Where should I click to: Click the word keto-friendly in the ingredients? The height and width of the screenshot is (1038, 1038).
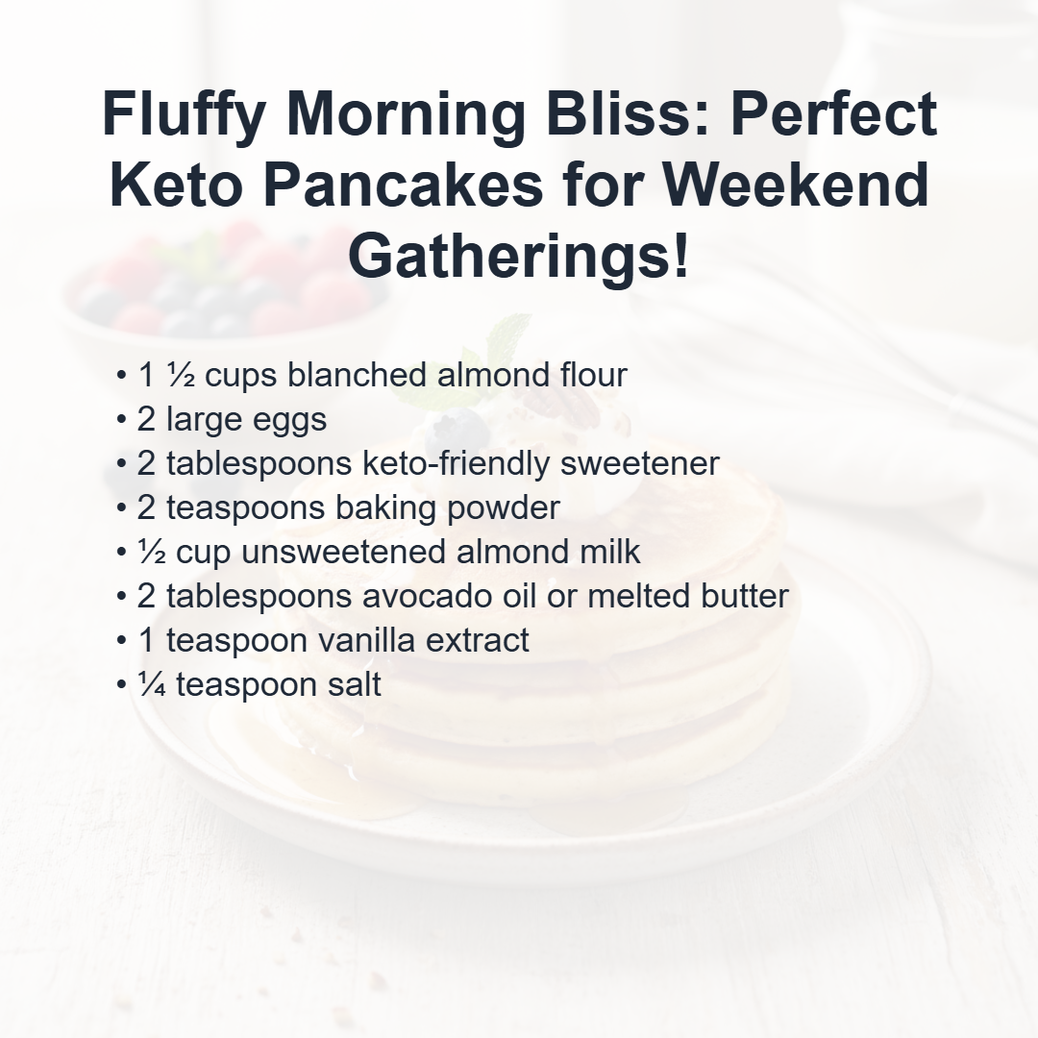(x=456, y=464)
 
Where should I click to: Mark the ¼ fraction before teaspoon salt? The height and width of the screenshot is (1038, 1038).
(x=152, y=684)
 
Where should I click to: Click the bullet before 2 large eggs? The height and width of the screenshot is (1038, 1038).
(x=120, y=420)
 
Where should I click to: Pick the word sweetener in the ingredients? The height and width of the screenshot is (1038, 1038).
(x=639, y=464)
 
